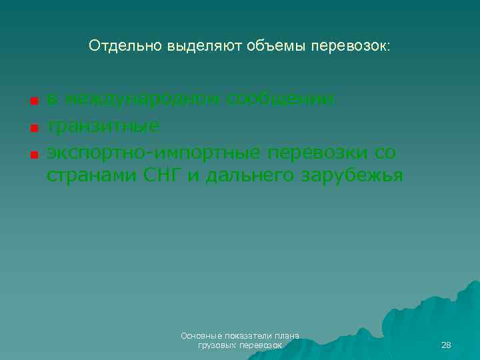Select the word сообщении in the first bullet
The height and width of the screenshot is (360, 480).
tap(281, 99)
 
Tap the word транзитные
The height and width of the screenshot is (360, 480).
tap(103, 126)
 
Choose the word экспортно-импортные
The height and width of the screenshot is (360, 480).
tap(154, 153)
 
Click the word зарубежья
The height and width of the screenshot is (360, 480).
tap(353, 176)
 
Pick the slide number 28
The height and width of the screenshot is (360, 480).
tap(446, 345)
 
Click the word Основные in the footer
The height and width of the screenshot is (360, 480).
tap(201, 336)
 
